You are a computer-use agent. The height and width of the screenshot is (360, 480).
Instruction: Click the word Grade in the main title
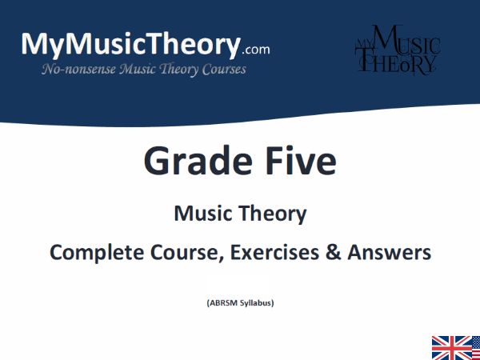190,162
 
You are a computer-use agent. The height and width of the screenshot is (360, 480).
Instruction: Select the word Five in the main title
295,162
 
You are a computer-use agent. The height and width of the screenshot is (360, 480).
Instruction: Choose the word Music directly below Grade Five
202,214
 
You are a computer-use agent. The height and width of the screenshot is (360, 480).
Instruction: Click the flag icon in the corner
455,347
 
